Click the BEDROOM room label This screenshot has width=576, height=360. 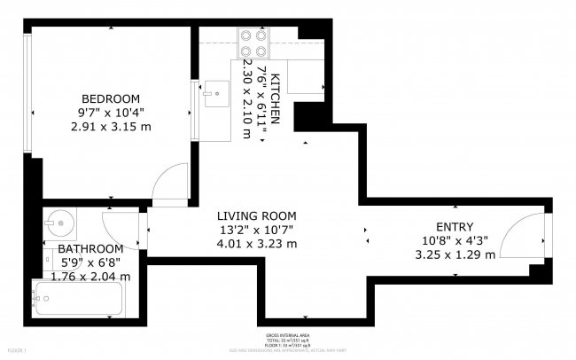(111, 98)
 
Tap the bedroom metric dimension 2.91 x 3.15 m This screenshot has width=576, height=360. (111, 127)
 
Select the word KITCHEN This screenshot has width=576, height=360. (276, 98)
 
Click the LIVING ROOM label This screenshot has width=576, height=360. (258, 215)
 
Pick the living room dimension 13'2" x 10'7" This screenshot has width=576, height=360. (258, 230)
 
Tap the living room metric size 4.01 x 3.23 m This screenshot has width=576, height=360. (258, 244)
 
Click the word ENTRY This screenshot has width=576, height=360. (455, 226)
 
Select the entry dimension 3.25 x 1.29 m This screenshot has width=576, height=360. (455, 254)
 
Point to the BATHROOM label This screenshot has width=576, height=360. (90, 249)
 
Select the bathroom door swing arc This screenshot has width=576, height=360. (120, 225)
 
